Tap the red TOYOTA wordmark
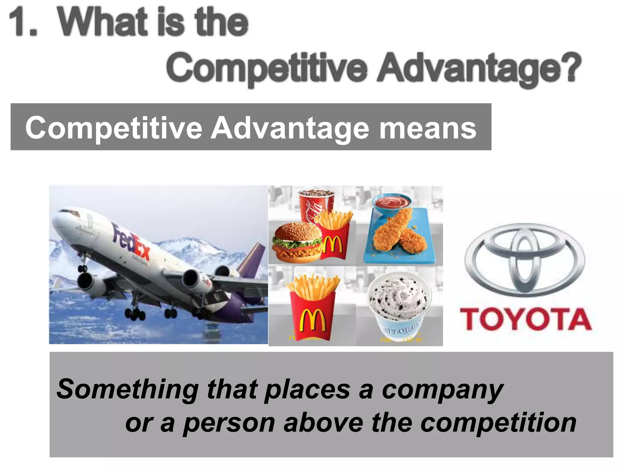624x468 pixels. [x=525, y=319]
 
